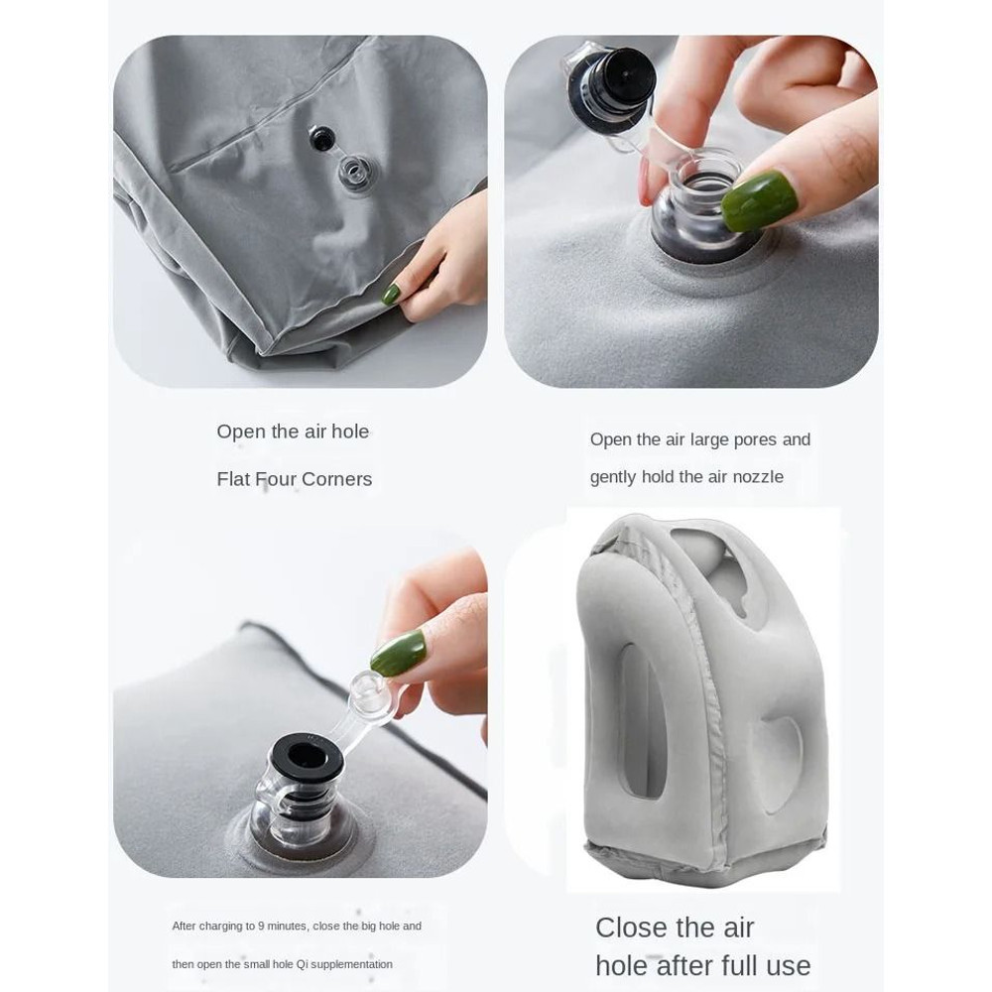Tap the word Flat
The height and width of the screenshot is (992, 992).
click(233, 479)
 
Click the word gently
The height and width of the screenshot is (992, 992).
click(613, 478)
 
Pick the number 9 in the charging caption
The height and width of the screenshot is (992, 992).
click(261, 927)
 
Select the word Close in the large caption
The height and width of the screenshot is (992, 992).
click(632, 928)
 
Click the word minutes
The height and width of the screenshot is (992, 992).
click(288, 927)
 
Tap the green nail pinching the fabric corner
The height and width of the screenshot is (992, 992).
click(392, 294)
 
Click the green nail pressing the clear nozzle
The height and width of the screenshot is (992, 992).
click(759, 199)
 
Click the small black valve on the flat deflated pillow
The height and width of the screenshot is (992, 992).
click(321, 138)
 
